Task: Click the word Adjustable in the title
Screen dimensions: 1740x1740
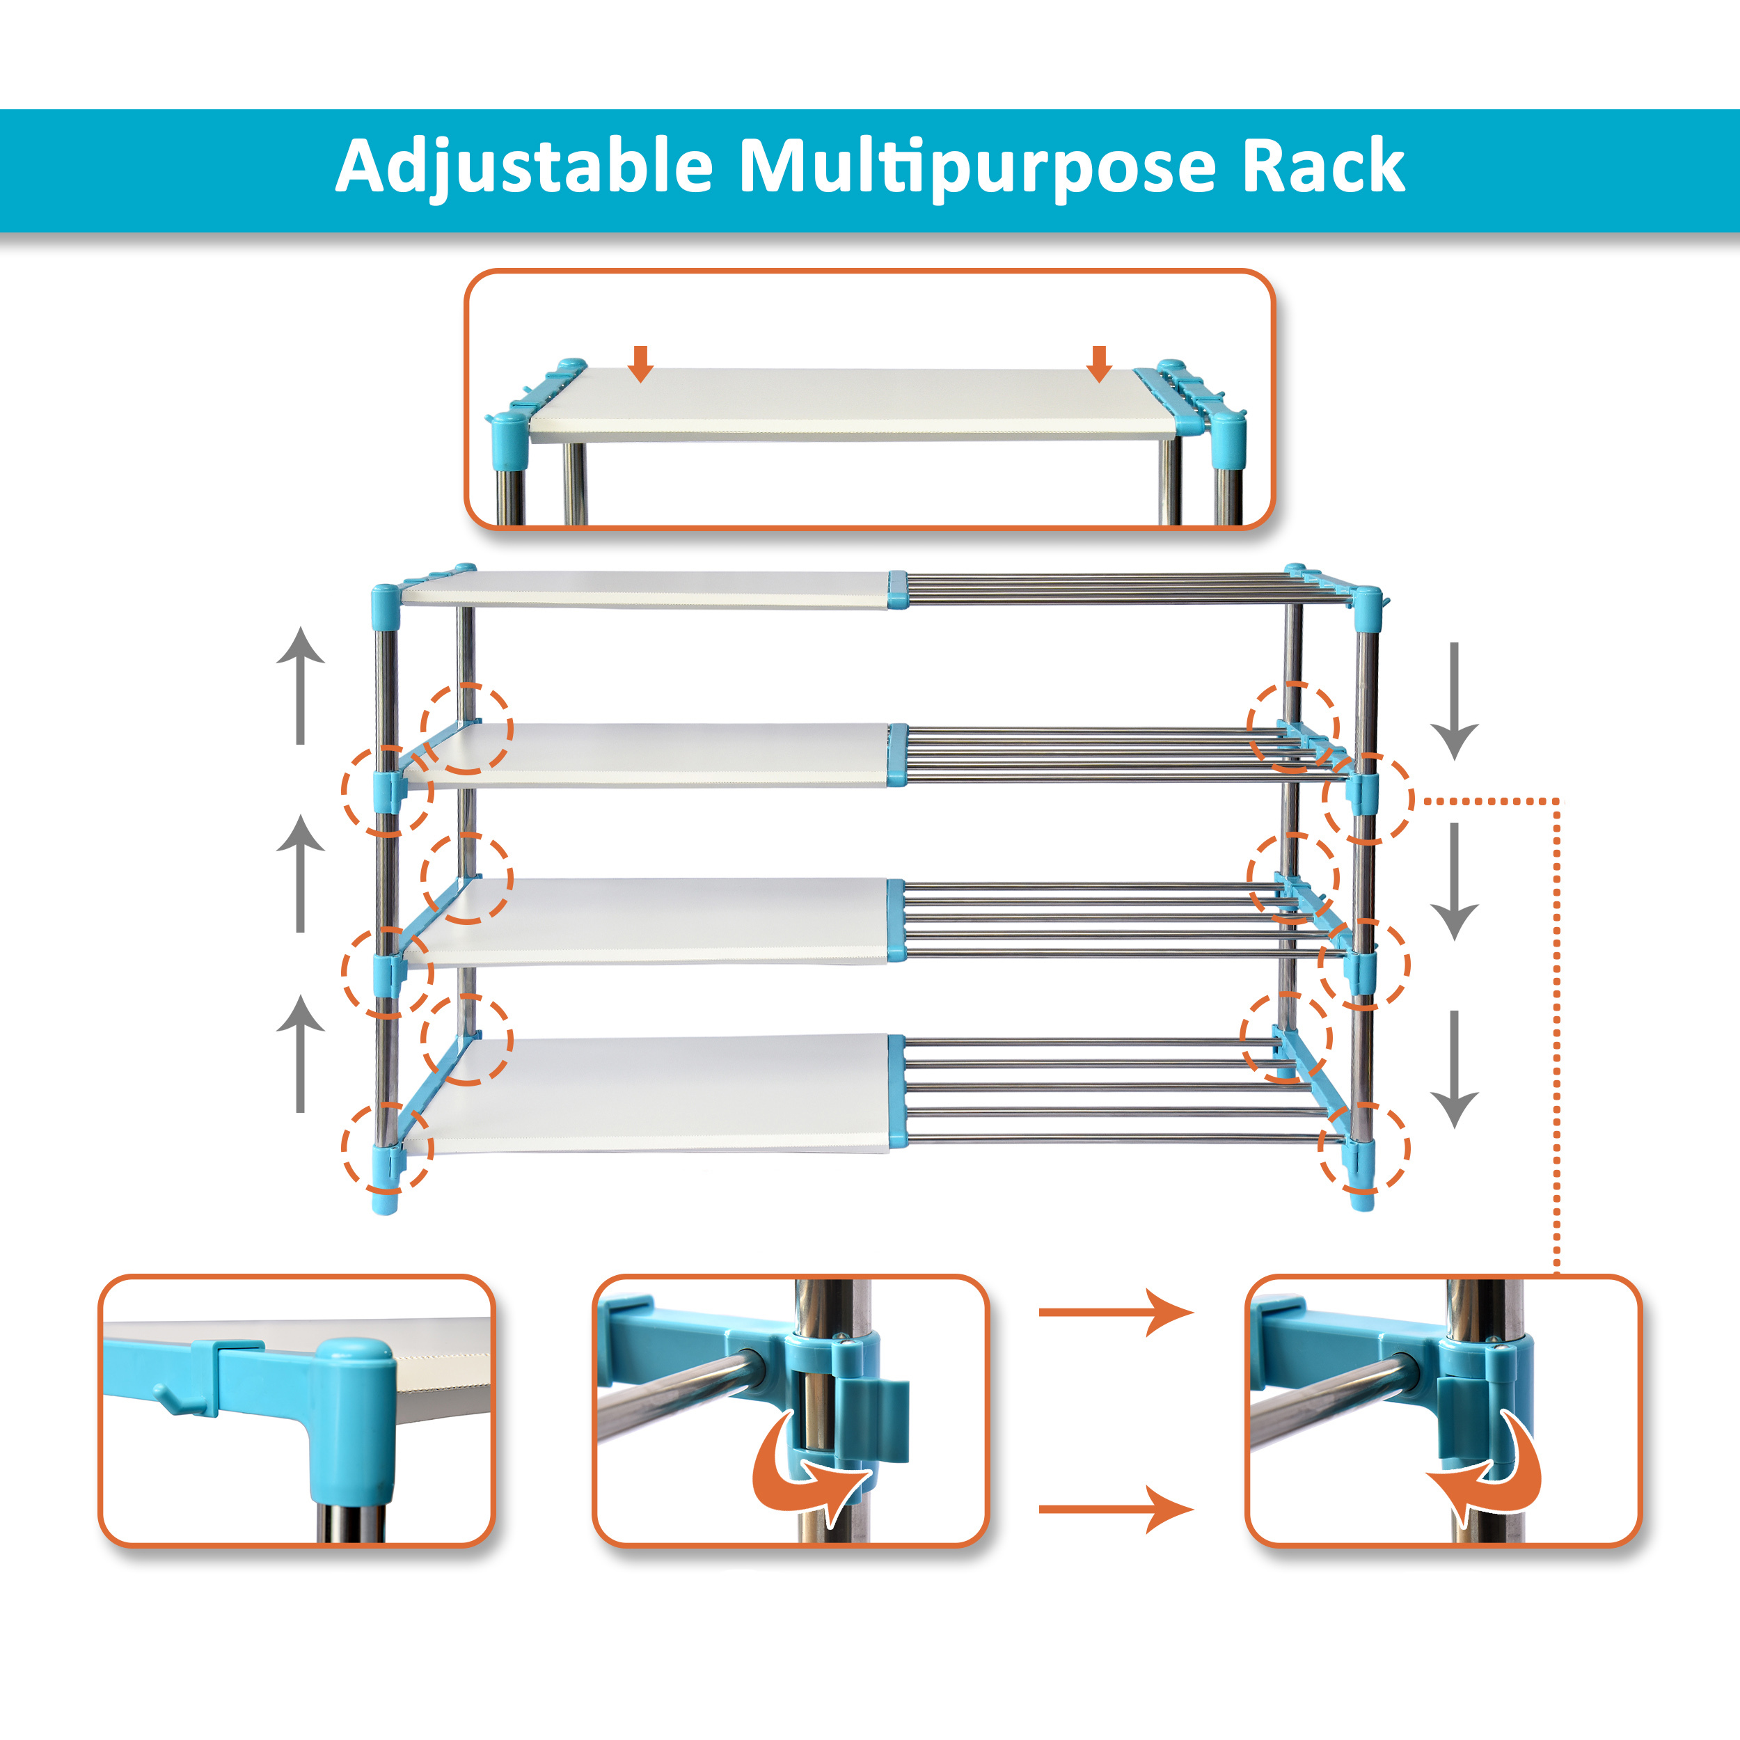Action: tap(524, 166)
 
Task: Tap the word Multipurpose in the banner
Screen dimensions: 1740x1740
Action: tap(977, 166)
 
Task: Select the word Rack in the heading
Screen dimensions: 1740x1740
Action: tap(1323, 166)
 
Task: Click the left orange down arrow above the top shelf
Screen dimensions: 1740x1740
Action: tap(640, 363)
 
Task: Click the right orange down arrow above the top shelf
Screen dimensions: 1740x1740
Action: tap(1099, 363)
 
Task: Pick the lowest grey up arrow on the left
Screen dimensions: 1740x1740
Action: tap(300, 1053)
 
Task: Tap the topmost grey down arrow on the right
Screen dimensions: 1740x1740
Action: tap(1454, 701)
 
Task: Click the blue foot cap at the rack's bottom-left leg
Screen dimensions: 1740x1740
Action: tap(385, 1201)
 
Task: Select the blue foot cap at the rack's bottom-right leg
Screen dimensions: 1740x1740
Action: tap(1362, 1198)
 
